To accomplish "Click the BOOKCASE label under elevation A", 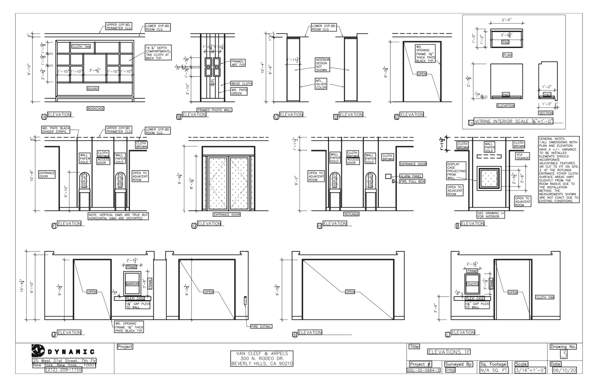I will pyautogui.click(x=95, y=109).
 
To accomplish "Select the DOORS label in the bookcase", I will pyautogui.click(x=93, y=89).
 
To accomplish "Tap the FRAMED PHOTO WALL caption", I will pyautogui.click(x=215, y=110).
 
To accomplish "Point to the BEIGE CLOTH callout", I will pyautogui.click(x=241, y=84).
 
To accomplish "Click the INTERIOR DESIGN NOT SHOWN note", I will pyautogui.click(x=322, y=65).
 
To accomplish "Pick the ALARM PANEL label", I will pyautogui.click(x=411, y=176).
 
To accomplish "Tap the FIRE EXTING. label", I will pyautogui.click(x=261, y=327).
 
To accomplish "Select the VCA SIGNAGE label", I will pyautogui.click(x=522, y=156).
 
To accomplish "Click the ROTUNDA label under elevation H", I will pyautogui.click(x=351, y=215).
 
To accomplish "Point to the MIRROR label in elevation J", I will pyautogui.click(x=132, y=284).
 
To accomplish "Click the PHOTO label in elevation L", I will pyautogui.click(x=472, y=284).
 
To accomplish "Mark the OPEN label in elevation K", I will pyautogui.click(x=350, y=292).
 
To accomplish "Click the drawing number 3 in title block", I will pyautogui.click(x=563, y=354).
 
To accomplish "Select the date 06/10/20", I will pyautogui.click(x=564, y=370).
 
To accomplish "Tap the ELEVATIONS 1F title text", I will pyautogui.click(x=449, y=352).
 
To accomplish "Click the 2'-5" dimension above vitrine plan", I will pyautogui.click(x=506, y=20).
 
